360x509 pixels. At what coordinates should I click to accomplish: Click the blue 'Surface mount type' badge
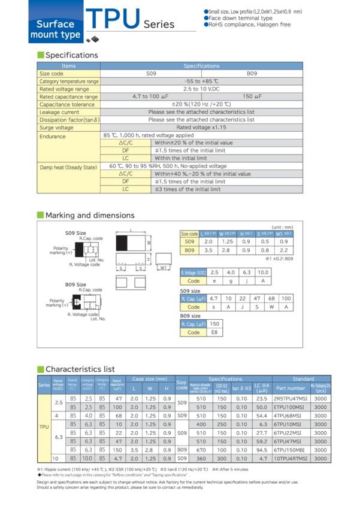(x=55, y=29)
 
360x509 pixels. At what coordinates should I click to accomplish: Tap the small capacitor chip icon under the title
(x=92, y=39)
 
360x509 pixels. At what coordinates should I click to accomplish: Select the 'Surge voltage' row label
(x=56, y=128)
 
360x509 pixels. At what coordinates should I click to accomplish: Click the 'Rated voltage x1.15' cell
(x=201, y=128)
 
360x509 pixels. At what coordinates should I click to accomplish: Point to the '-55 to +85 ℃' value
(x=201, y=81)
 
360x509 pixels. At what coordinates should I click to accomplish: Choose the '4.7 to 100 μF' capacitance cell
(x=151, y=96)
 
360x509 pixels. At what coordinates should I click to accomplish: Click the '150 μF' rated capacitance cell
(x=252, y=96)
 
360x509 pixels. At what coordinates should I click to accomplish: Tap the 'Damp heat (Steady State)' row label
(x=68, y=167)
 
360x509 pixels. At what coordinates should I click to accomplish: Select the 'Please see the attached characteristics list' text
(x=201, y=112)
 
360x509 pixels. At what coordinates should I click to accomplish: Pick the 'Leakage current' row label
(x=59, y=112)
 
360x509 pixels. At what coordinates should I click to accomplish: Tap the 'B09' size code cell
(x=190, y=252)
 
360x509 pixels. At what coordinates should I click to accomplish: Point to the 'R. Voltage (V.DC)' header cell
(x=193, y=272)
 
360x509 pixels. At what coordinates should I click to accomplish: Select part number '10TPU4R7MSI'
(x=292, y=458)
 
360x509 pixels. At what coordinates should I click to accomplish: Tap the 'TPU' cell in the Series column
(x=44, y=428)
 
